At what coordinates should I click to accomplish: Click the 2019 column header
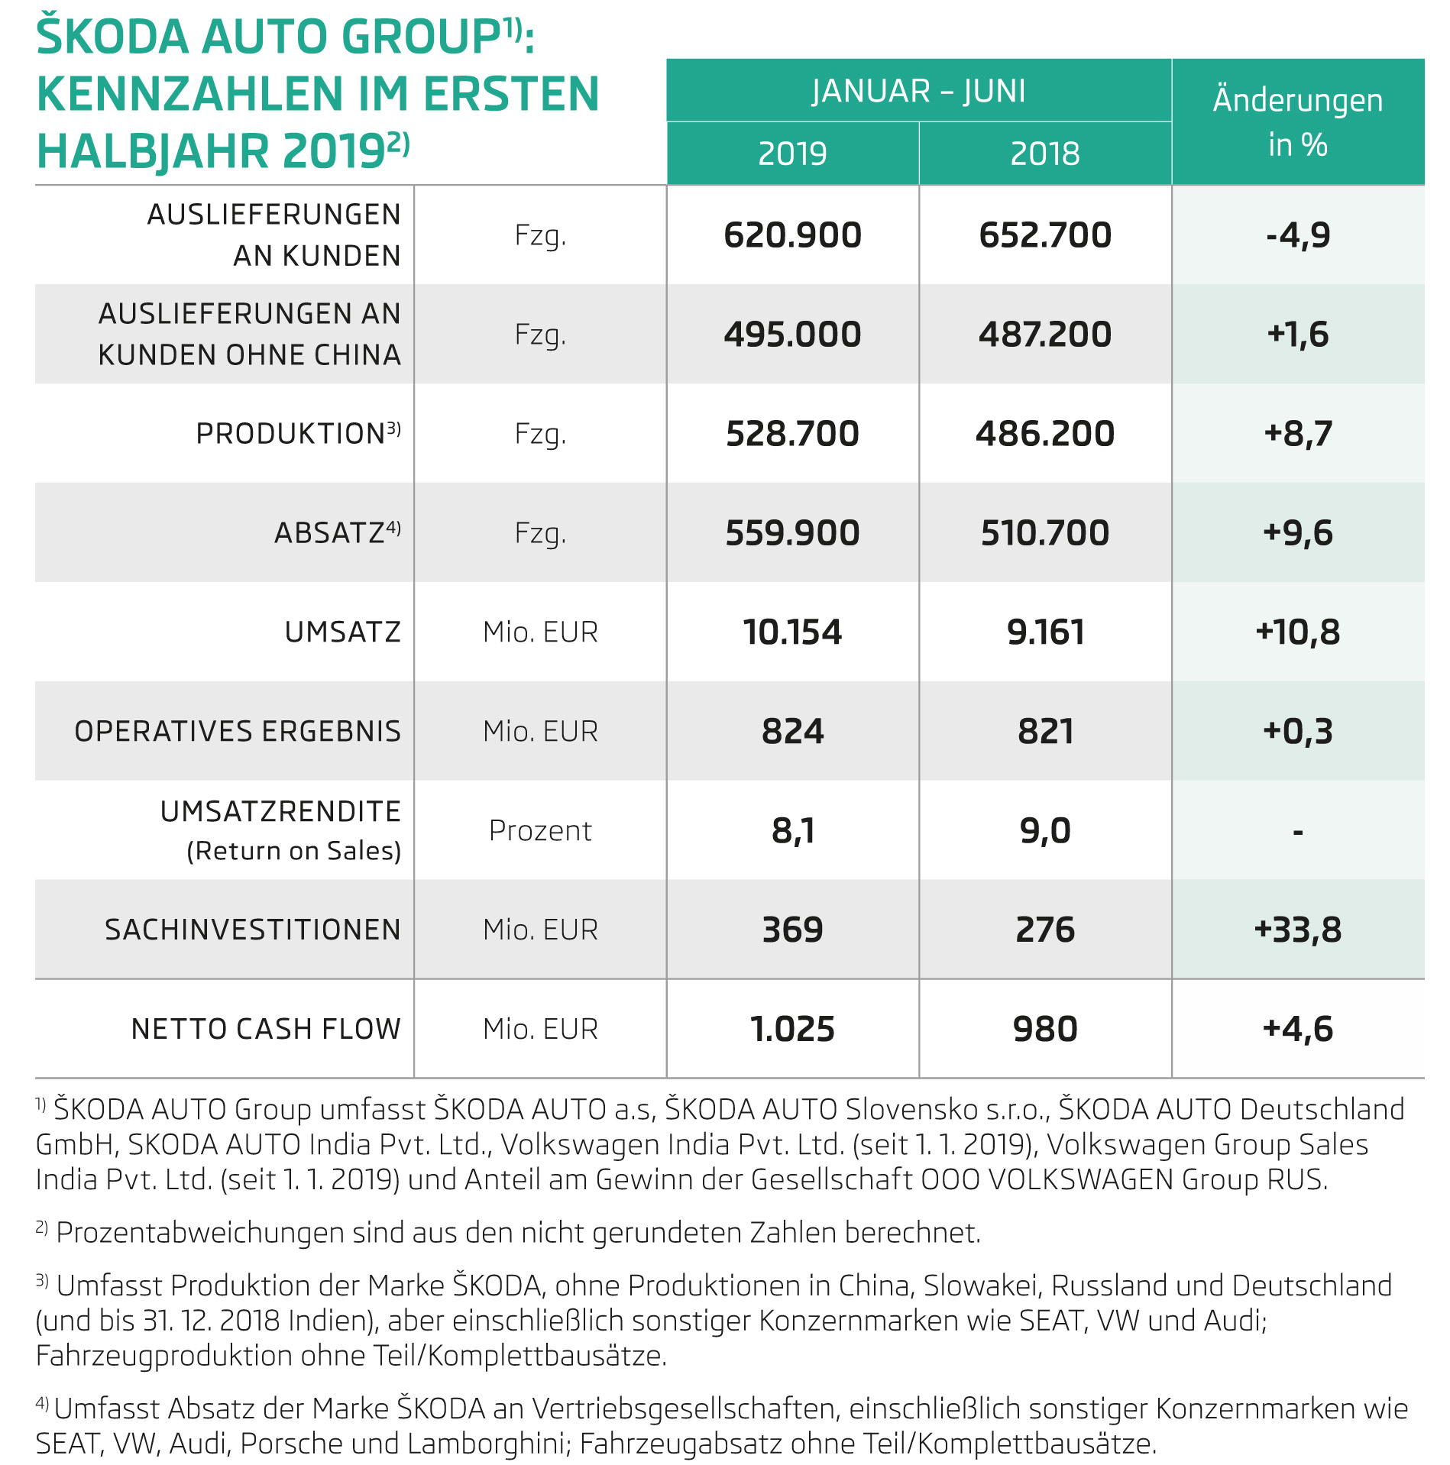click(792, 154)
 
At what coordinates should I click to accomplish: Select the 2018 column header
click(1044, 154)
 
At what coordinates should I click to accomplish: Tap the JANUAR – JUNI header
click(918, 91)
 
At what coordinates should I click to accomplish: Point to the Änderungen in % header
click(1297, 122)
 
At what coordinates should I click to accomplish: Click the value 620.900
click(792, 235)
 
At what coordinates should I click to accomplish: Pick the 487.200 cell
click(1044, 335)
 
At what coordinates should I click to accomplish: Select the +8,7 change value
click(1297, 434)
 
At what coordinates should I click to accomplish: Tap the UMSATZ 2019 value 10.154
click(792, 632)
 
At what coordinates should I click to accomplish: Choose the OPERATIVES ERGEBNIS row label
click(238, 731)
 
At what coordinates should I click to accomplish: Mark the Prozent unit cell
click(540, 830)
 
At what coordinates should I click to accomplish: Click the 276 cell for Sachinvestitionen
click(1044, 930)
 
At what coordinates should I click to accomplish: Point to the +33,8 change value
click(1297, 930)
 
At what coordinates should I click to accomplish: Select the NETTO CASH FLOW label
click(266, 1029)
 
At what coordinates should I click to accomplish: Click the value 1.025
click(792, 1029)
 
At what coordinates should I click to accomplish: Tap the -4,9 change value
click(1297, 235)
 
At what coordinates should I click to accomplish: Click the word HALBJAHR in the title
click(154, 151)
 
